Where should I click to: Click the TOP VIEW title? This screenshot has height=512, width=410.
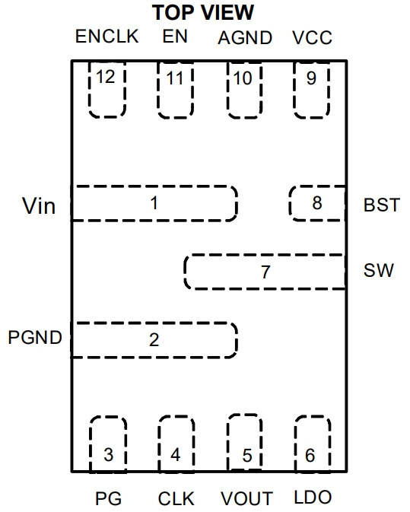[203, 13]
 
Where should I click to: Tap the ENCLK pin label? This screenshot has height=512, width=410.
[107, 36]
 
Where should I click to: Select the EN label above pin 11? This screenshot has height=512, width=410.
[175, 36]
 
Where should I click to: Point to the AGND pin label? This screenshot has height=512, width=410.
[245, 38]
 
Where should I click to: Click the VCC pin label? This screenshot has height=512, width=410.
[313, 37]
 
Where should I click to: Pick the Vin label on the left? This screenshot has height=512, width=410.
[39, 206]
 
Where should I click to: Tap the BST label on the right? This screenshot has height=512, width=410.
[382, 205]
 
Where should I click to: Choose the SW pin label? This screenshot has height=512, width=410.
[379, 270]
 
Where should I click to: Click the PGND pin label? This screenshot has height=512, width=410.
[35, 337]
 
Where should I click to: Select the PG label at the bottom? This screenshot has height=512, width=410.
[108, 498]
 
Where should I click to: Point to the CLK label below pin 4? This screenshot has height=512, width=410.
[176, 498]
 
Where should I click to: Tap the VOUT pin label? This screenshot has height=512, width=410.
[246, 498]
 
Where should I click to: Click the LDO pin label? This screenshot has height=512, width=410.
[313, 497]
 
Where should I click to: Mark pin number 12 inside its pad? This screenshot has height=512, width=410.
[106, 77]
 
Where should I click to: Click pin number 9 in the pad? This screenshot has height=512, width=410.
[311, 78]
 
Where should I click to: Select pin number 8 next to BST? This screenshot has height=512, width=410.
[317, 203]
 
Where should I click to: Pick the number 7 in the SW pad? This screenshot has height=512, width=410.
[265, 272]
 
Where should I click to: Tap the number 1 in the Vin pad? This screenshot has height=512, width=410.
[154, 203]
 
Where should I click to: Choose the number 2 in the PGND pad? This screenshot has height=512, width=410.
[154, 340]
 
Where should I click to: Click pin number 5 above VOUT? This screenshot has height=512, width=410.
[247, 455]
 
